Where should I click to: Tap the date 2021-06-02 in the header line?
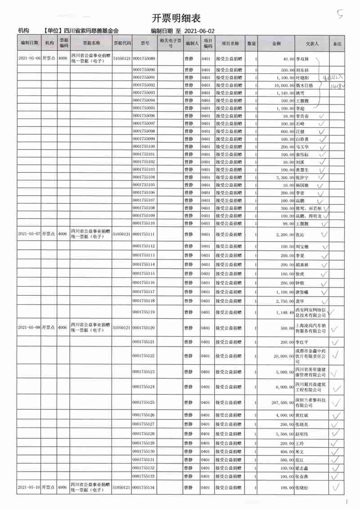point(200,31)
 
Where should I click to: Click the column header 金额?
point(276,44)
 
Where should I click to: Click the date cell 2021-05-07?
point(29,234)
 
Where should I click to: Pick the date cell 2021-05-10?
point(29,487)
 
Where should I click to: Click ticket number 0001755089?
point(144,59)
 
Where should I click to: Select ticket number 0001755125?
point(144,402)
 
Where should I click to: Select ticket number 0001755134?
point(144,487)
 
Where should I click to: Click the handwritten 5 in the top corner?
point(339,15)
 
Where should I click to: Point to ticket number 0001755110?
point(144,223)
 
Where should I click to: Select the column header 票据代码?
point(122,44)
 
